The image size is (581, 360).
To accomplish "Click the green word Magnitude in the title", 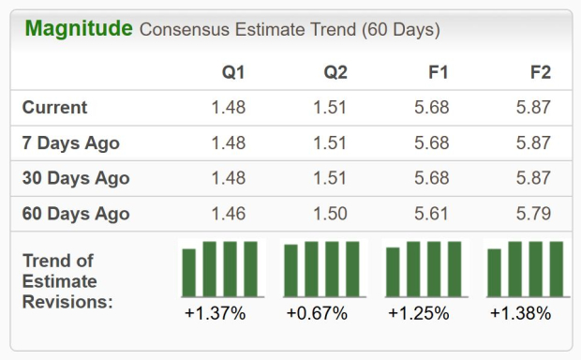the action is tap(79, 29).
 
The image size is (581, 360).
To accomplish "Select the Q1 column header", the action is tap(233, 72).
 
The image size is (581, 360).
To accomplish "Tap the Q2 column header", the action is tap(335, 72).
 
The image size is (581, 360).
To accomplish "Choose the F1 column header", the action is tap(438, 72).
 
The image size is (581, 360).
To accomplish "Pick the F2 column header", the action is tap(541, 72).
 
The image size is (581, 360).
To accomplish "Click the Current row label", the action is tap(54, 108).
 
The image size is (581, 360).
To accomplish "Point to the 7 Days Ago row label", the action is tap(71, 143).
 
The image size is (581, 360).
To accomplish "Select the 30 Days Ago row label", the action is tap(76, 178).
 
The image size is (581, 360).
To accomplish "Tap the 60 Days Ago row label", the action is tap(76, 214).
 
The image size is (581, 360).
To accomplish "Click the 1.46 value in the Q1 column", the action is tap(229, 214).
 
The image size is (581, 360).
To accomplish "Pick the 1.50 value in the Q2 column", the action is tap(330, 214).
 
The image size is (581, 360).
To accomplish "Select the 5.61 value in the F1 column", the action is tap(431, 214).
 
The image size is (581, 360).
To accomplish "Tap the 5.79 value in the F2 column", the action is tap(533, 214).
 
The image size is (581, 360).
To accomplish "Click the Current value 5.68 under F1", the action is tap(432, 108).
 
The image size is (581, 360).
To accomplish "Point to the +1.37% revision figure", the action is tap(216, 313).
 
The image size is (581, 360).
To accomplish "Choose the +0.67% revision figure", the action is tap(317, 313).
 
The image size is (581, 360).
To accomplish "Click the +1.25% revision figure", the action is tap(419, 313).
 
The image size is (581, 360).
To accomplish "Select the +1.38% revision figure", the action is tap(521, 313).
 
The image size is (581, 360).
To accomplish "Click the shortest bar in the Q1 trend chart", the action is tap(189, 273).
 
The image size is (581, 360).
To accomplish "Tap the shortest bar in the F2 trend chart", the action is tap(494, 273).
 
